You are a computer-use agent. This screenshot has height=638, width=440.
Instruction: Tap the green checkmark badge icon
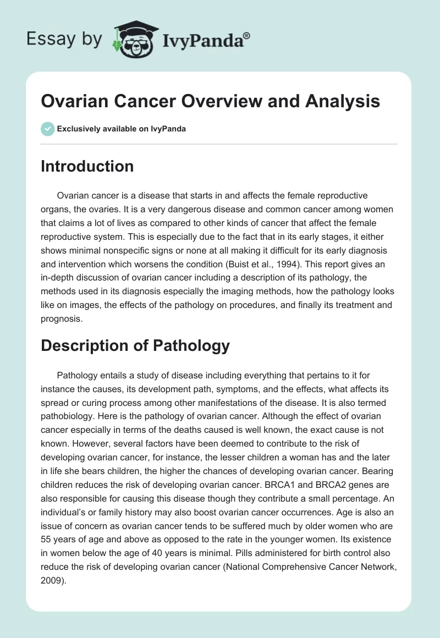(48, 129)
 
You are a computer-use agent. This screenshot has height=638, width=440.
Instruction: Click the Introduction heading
(87, 166)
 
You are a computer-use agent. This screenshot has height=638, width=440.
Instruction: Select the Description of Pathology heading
(135, 345)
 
